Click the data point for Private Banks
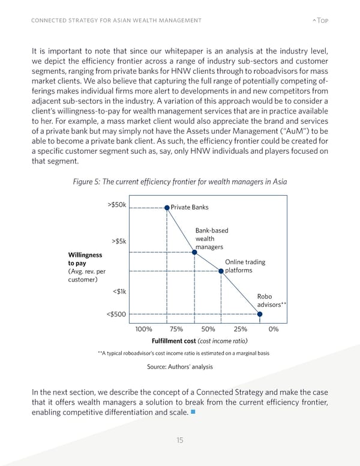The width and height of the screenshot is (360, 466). (167, 207)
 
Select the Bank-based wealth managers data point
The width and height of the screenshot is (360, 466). (194, 252)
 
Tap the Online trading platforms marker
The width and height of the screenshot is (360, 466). (221, 271)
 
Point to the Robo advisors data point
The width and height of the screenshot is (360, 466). (259, 313)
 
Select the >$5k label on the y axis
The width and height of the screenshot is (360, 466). (118, 242)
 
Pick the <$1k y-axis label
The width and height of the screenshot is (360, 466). (119, 292)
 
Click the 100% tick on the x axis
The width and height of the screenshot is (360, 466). (143, 329)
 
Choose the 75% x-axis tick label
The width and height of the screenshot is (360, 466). (176, 329)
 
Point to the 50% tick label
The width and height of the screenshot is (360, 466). (208, 329)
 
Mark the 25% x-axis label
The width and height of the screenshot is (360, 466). (241, 329)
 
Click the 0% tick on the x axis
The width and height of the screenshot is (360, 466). (274, 329)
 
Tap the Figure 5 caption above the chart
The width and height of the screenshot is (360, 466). (180, 183)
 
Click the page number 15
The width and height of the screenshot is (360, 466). (180, 441)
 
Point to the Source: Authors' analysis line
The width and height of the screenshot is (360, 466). (179, 367)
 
